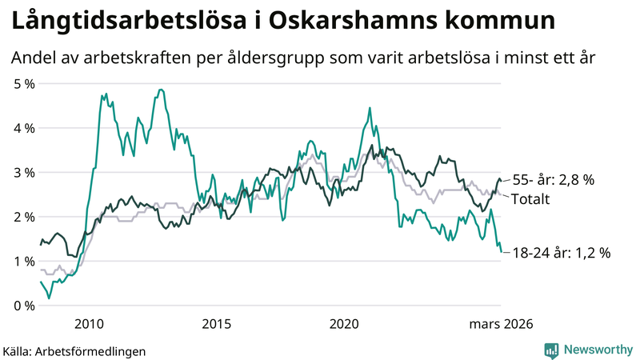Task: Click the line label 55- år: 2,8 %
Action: [x=552, y=181]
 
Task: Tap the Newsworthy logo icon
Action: [x=551, y=350]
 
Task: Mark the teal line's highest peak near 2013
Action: [x=161, y=90]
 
